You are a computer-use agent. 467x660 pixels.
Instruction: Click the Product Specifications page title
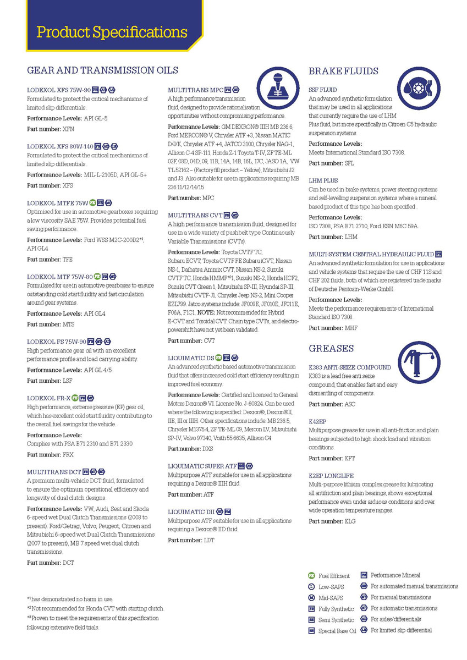[112, 32]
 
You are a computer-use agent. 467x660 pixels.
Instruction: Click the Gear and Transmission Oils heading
[102, 70]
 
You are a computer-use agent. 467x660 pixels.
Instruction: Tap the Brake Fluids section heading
[343, 71]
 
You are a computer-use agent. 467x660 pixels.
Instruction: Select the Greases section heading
[331, 348]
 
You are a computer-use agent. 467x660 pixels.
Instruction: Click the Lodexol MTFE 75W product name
[57, 202]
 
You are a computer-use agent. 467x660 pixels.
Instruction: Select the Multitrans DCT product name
[54, 472]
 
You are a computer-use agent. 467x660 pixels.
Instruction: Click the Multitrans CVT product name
[195, 215]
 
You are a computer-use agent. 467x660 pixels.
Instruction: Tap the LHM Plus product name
[323, 180]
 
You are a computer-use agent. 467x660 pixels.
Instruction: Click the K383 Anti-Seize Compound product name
[350, 367]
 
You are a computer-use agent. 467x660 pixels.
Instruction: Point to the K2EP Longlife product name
[331, 475]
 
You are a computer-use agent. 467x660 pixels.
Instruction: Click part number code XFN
[68, 129]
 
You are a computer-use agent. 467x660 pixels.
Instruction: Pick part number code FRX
[68, 455]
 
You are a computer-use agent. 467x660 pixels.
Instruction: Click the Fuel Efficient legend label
[334, 576]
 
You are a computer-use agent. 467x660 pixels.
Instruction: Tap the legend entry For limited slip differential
[401, 630]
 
